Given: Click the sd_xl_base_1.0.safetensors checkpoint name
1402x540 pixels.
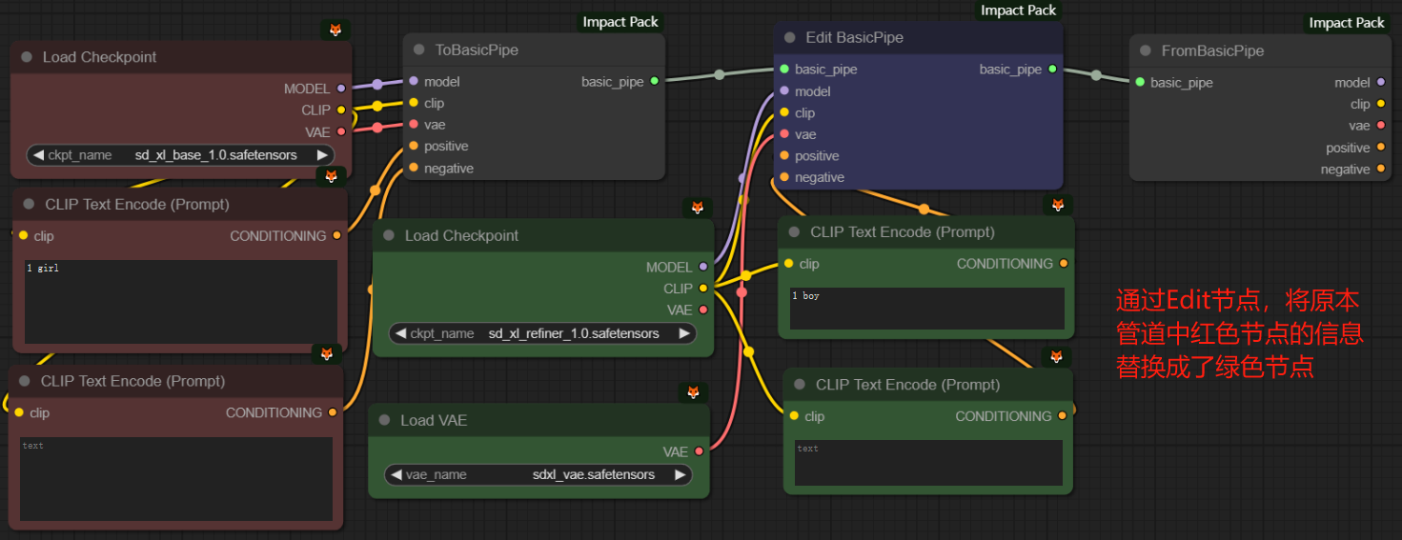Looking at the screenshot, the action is (216, 155).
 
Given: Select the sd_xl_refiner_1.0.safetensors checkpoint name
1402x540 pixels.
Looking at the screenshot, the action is (574, 333).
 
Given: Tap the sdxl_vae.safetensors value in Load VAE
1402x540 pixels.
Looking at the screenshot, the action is (594, 475).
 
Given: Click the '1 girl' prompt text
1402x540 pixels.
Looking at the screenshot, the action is (43, 268).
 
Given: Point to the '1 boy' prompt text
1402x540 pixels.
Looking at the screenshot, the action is (805, 295).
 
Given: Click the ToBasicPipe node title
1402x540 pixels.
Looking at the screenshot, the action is (477, 50).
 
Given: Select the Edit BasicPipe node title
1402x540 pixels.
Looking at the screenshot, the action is (854, 37).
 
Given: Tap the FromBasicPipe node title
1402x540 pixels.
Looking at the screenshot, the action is (1212, 51).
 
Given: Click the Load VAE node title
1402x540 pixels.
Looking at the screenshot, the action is (434, 421).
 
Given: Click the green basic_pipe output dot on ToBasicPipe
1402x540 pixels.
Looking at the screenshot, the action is (655, 81).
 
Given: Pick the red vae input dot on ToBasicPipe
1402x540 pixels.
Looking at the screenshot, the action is (414, 124).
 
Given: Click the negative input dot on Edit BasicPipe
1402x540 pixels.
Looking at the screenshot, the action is (784, 177).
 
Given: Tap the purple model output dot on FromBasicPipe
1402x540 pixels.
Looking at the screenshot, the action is (1381, 82).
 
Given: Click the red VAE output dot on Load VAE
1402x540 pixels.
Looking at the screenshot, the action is (700, 451).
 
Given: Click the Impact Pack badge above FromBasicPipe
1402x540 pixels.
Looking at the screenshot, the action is (1347, 23).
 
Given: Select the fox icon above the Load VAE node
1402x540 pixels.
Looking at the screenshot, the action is (694, 392).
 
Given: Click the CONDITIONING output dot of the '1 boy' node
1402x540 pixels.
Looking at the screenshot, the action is (1064, 264).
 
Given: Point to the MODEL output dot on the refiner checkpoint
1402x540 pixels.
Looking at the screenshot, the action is (703, 267).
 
